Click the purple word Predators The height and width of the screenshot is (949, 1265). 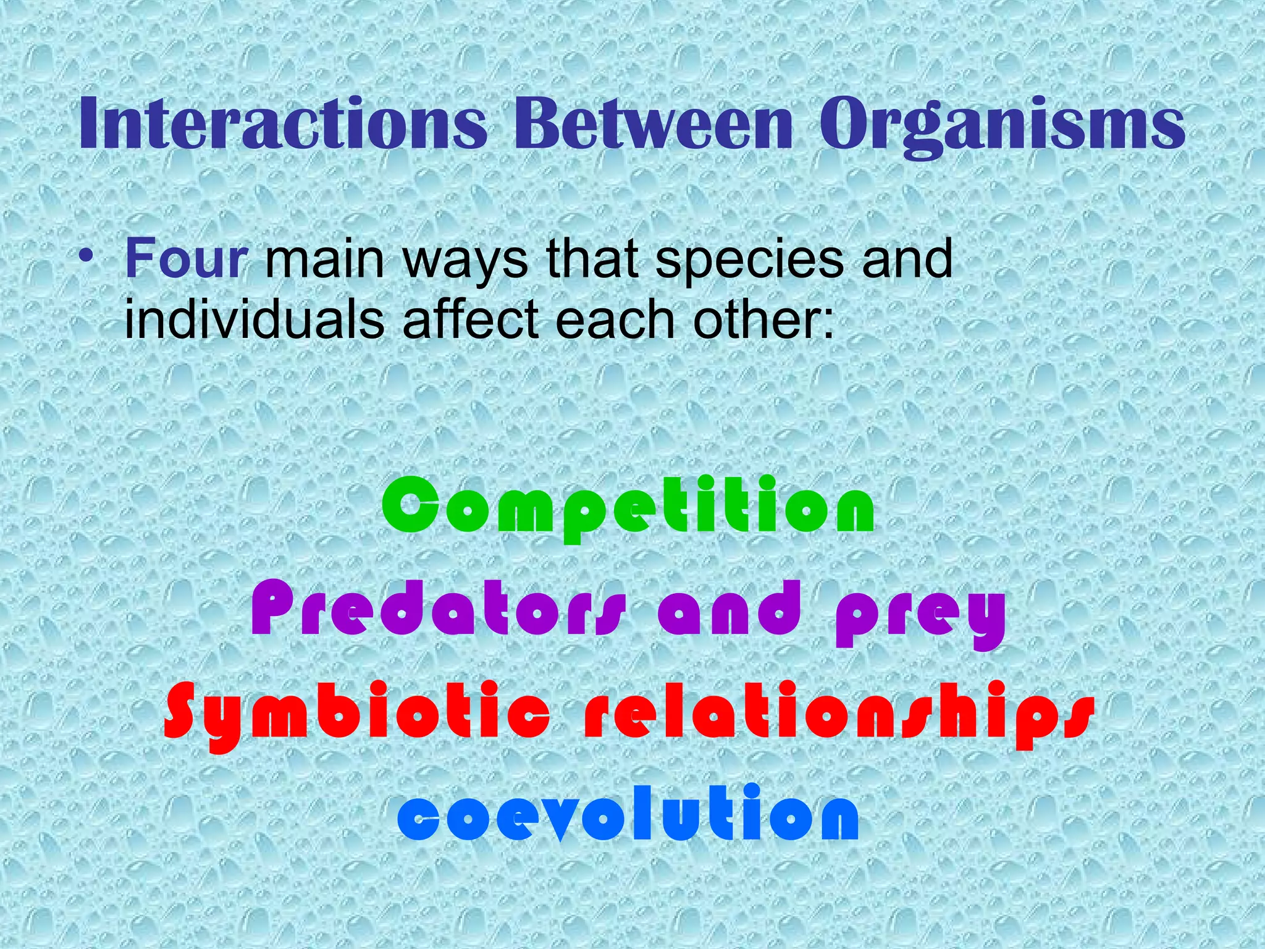pos(439,610)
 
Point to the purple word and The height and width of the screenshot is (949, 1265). pos(729,610)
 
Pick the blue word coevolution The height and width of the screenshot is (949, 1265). pos(628,814)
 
